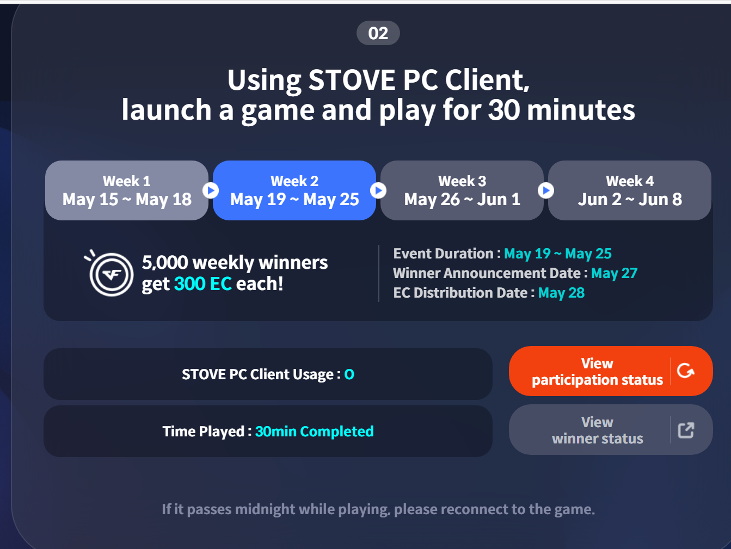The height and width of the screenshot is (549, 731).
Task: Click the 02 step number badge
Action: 378,33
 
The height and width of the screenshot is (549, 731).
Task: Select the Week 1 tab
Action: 127,190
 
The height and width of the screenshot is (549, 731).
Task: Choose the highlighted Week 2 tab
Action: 294,190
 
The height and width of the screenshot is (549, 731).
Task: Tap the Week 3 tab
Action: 462,190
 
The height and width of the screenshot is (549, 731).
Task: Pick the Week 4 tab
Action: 630,190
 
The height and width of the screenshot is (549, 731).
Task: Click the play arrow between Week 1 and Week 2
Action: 211,190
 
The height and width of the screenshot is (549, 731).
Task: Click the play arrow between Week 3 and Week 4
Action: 546,190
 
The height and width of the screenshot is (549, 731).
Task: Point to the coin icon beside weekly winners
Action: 109,273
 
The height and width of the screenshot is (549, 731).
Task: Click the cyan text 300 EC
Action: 203,284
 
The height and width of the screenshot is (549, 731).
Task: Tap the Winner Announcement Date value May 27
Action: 614,273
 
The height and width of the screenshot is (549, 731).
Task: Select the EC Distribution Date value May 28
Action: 561,293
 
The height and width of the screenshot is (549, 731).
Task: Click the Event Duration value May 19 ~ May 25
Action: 558,254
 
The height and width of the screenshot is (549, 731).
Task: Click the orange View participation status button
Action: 611,371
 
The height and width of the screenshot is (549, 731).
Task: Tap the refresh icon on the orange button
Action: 686,371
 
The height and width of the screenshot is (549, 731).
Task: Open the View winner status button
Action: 611,430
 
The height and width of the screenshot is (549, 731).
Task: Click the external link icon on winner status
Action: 686,430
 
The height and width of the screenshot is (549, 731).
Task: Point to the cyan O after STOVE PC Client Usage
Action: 349,374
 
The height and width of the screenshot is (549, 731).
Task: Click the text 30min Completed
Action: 315,431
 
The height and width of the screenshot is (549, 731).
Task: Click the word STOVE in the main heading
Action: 352,80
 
